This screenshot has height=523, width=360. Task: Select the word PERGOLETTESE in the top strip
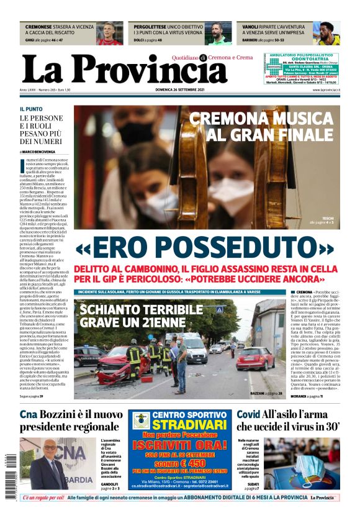coord(151,27)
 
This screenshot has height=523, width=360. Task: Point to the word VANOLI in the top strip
coord(250,27)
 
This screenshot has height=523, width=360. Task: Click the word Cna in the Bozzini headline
coord(29,415)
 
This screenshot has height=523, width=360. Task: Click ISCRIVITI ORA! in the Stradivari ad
coord(181,445)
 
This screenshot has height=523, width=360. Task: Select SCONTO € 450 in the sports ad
coord(181,462)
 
